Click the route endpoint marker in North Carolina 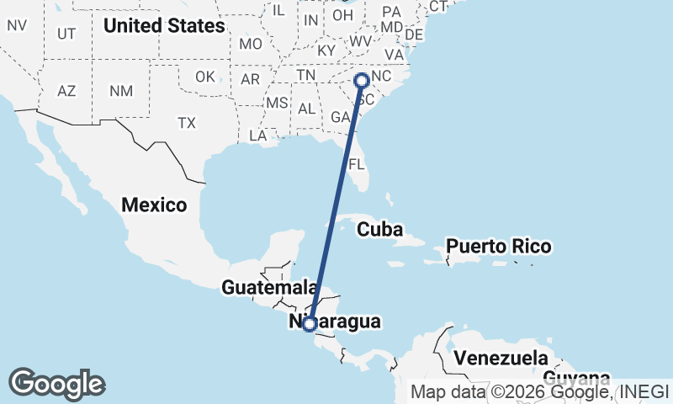pyautogui.click(x=362, y=80)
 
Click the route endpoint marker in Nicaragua pyautogui.click(x=310, y=323)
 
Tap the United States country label pyautogui.click(x=164, y=26)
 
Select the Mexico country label pyautogui.click(x=154, y=205)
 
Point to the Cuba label pyautogui.click(x=380, y=229)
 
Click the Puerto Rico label pyautogui.click(x=499, y=247)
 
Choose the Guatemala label pyautogui.click(x=262, y=288)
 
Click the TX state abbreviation pyautogui.click(x=186, y=123)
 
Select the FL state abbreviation pyautogui.click(x=357, y=163)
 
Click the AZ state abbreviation pyautogui.click(x=68, y=91)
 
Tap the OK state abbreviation pyautogui.click(x=205, y=77)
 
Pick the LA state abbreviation pyautogui.click(x=258, y=136)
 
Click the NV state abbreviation pyautogui.click(x=17, y=25)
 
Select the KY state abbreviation pyautogui.click(x=326, y=50)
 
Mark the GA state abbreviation pyautogui.click(x=340, y=117)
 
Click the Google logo pyautogui.click(x=56, y=384)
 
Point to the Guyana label pyautogui.click(x=576, y=376)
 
